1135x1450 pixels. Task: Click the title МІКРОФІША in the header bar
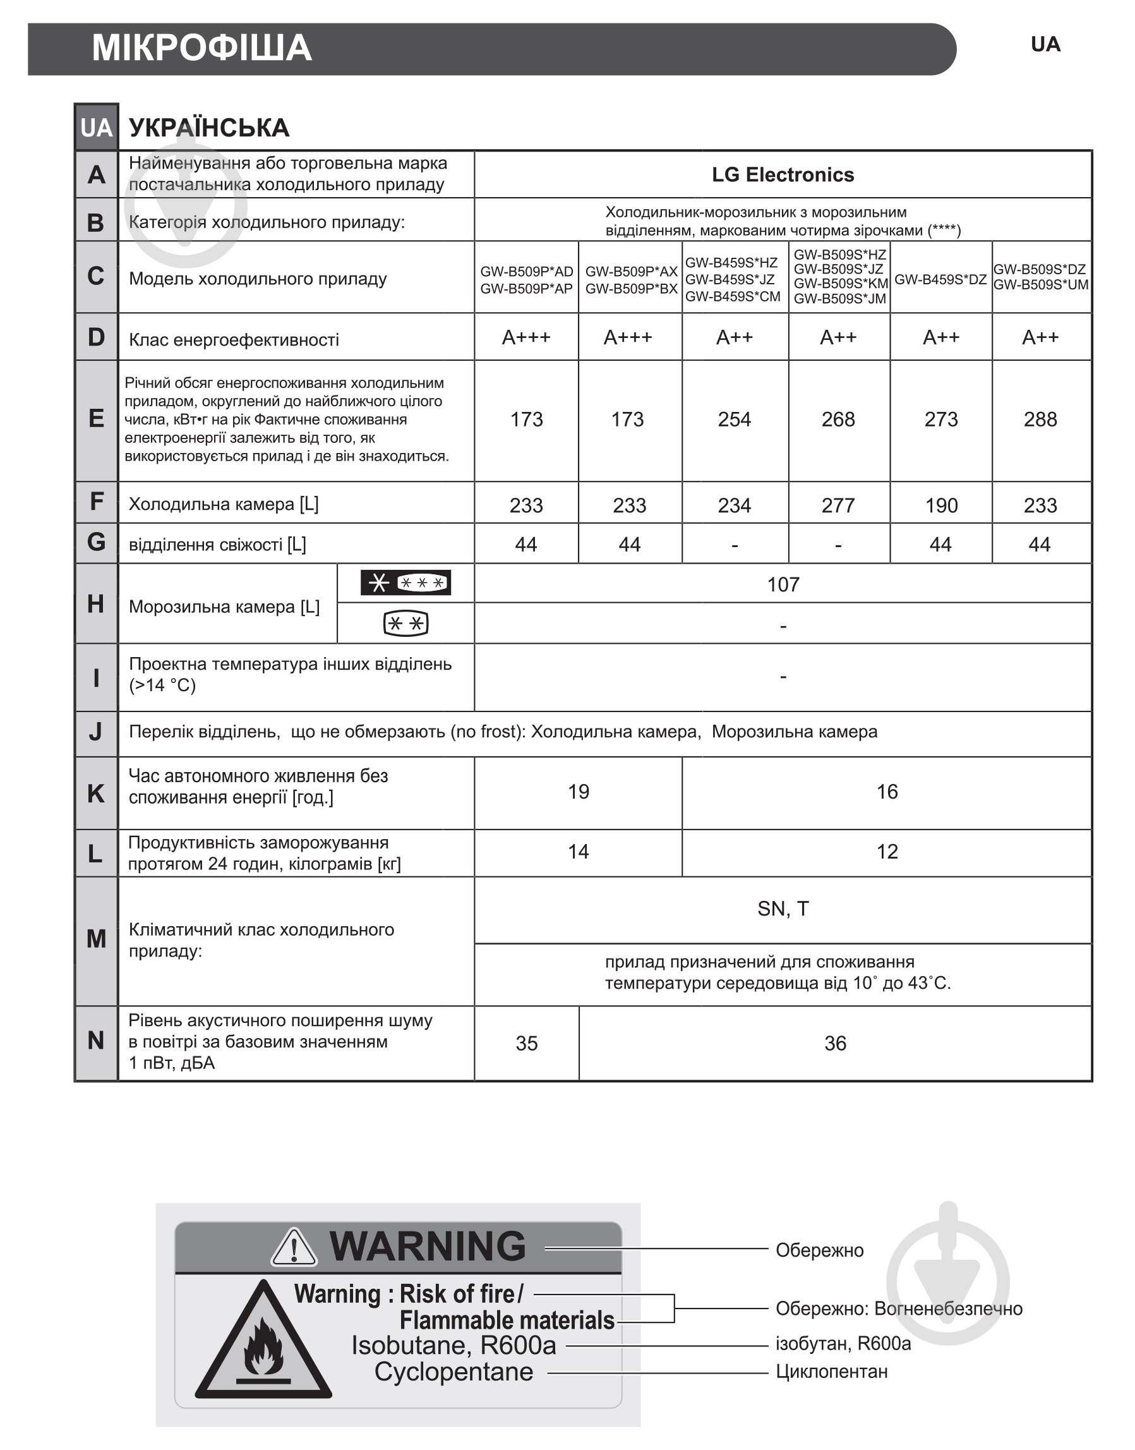201,48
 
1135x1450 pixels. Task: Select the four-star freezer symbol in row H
405,583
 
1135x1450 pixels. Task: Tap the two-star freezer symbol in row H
405,624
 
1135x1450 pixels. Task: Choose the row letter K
96,793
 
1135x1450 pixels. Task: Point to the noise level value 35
526,1044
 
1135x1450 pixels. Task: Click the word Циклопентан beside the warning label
831,1372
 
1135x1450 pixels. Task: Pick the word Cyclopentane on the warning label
453,1372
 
